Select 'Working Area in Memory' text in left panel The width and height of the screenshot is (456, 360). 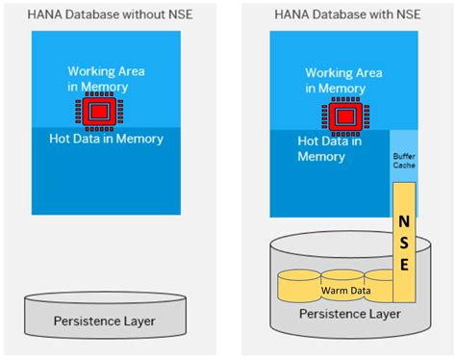107,80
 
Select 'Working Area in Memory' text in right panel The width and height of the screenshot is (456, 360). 344,81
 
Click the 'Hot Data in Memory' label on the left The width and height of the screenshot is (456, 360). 106,139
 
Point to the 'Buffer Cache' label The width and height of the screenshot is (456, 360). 403,159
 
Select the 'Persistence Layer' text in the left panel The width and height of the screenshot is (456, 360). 106,321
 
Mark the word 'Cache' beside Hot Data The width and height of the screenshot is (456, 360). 403,165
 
